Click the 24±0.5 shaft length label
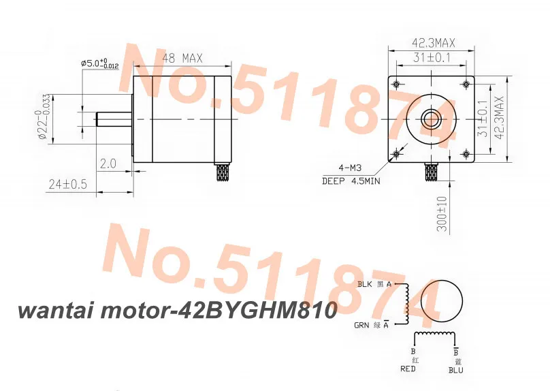[69, 183]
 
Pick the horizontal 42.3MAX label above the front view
[434, 43]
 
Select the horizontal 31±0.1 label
[433, 59]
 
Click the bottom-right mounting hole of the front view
[466, 153]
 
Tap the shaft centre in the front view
[432, 118]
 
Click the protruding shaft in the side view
[114, 118]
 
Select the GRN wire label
[363, 325]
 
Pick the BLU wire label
[455, 370]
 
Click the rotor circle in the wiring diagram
[443, 300]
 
